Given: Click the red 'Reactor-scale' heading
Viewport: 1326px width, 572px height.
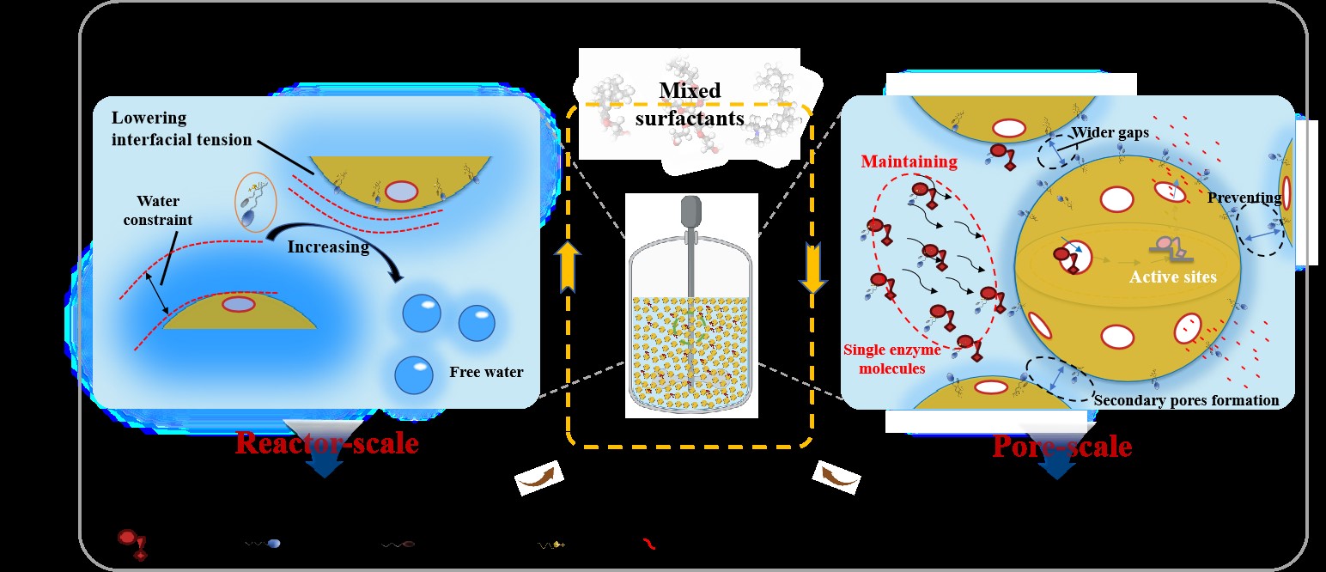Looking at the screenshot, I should pos(326,443).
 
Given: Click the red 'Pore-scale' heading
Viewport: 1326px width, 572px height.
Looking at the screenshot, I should pos(1061,447).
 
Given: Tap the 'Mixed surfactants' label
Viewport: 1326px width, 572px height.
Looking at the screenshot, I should pos(690,104).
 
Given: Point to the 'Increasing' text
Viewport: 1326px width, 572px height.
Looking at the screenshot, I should pos(329,247).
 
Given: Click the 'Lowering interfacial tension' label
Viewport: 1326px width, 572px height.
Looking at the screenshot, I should pos(181,129).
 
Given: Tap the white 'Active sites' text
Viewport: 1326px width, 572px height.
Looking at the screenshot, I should pos(1172,277).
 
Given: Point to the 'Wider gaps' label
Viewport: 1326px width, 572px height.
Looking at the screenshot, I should pos(1110,133).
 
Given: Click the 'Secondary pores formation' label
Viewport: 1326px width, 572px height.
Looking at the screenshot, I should pos(1186,400).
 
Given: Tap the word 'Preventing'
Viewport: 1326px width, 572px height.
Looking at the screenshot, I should pos(1244,198).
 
